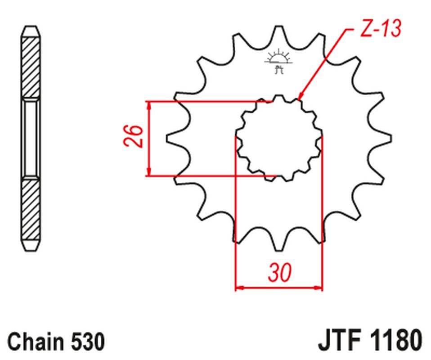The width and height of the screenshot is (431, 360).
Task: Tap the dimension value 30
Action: pos(280,272)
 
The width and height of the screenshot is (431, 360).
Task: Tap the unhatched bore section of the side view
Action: pos(31,138)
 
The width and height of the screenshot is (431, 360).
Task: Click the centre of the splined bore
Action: pos(279,138)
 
